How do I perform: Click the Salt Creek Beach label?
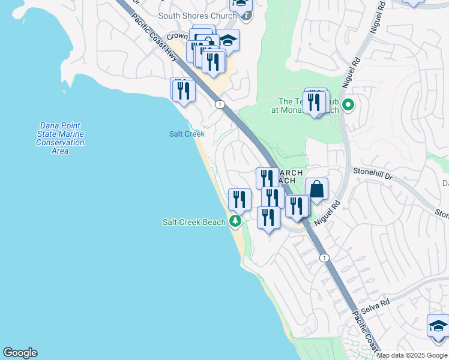click(194, 222)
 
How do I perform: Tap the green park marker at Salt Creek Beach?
click(235, 222)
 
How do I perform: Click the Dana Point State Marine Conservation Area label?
click(60, 139)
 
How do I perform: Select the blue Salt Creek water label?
click(187, 134)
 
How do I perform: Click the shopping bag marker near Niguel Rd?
click(316, 190)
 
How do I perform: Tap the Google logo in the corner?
click(20, 353)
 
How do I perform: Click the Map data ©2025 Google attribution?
click(412, 355)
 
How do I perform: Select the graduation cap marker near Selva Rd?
click(439, 326)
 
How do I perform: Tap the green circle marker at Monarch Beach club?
click(348, 106)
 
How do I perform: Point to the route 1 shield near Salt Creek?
click(221, 104)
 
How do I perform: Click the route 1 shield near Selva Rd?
click(324, 258)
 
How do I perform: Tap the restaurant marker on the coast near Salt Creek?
click(183, 91)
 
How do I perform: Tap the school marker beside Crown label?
click(228, 41)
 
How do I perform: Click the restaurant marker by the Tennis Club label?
click(314, 103)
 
